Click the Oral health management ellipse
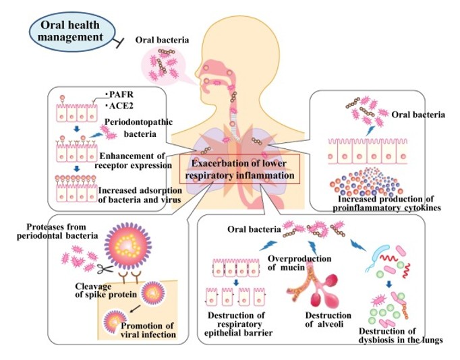(69, 31)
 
